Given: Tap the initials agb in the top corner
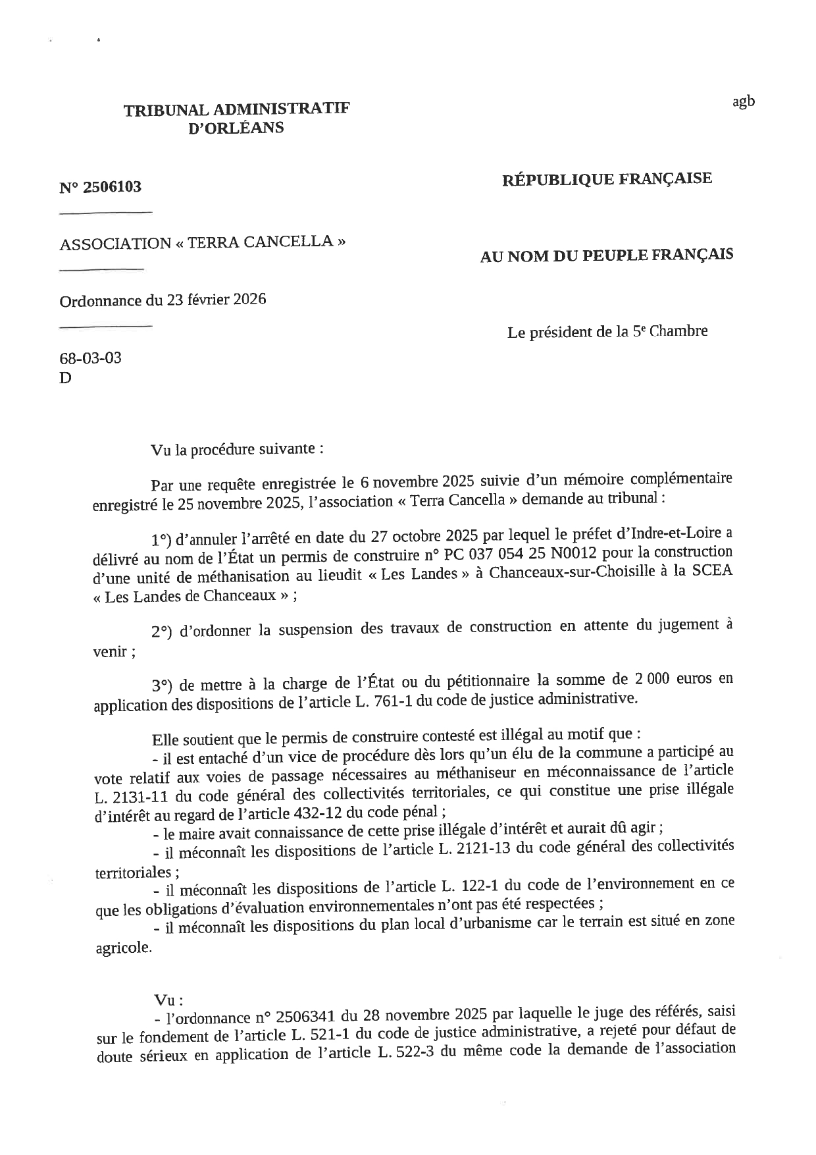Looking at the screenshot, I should coord(743,101).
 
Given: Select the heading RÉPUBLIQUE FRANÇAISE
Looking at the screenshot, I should coord(607,178).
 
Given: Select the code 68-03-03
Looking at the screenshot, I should coord(90,358).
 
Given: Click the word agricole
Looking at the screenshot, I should coord(123,949).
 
